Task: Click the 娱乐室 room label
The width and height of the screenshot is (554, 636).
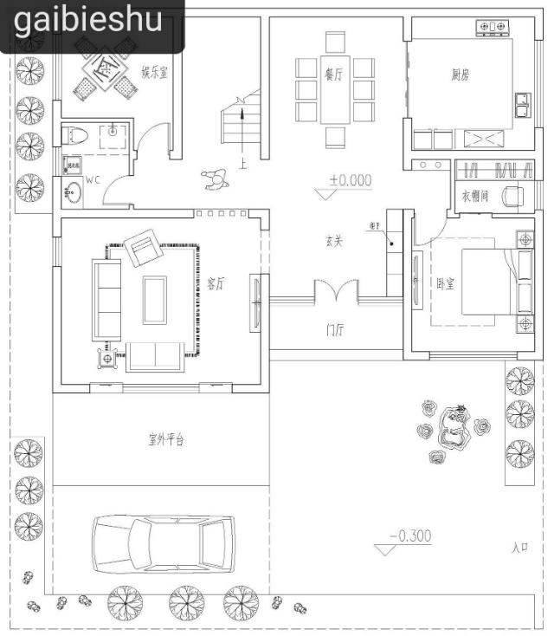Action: pyautogui.click(x=154, y=72)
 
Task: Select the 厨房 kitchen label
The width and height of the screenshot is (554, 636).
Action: pyautogui.click(x=460, y=75)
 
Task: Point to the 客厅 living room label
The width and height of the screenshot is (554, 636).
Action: pyautogui.click(x=216, y=283)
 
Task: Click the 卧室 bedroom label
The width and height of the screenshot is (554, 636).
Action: pyautogui.click(x=446, y=284)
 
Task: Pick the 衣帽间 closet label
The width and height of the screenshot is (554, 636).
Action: pyautogui.click(x=474, y=197)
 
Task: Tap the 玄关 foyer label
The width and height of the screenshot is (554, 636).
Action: pyautogui.click(x=334, y=242)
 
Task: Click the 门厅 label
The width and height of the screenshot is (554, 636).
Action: pyautogui.click(x=335, y=329)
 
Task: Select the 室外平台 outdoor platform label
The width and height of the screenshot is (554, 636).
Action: pyautogui.click(x=165, y=440)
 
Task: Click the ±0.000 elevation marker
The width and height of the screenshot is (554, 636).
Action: pyautogui.click(x=350, y=180)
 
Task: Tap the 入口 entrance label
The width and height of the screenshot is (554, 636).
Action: pyautogui.click(x=519, y=547)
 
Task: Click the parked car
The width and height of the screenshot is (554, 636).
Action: pyautogui.click(x=164, y=545)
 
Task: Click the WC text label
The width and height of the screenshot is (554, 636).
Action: pyautogui.click(x=93, y=180)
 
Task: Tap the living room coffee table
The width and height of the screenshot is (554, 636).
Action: pyautogui.click(x=155, y=299)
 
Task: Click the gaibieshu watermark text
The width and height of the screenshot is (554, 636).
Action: pyautogui.click(x=88, y=19)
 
